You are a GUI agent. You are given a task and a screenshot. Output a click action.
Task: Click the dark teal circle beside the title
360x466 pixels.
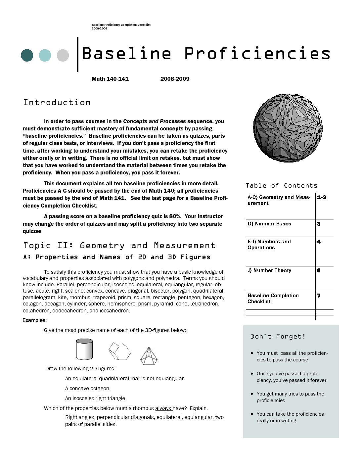(x=27, y=55)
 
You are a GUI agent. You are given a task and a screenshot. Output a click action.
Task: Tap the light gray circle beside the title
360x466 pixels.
(x=63, y=55)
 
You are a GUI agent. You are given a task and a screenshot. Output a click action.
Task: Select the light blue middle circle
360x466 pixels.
(x=45, y=55)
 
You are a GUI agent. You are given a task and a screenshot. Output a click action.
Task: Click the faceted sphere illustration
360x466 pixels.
(x=288, y=128)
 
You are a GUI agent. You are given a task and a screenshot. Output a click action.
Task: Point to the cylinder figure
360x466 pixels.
(x=84, y=349)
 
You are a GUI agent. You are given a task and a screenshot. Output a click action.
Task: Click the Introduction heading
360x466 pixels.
(x=57, y=103)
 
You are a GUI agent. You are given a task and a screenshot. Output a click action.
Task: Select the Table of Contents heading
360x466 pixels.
(x=281, y=186)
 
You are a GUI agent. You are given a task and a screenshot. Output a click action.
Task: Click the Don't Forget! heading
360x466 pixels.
(x=278, y=337)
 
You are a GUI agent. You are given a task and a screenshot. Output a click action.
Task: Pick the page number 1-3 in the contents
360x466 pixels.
(x=321, y=198)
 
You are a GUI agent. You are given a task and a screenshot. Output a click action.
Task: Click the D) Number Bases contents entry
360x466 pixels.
(x=269, y=224)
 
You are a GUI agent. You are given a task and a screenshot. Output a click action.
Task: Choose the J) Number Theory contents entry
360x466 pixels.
(x=269, y=270)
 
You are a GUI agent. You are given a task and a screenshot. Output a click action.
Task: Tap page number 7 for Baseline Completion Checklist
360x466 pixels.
(x=319, y=296)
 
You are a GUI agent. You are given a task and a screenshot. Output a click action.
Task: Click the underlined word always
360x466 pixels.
(x=163, y=408)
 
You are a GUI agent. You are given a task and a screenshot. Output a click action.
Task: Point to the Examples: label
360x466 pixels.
(x=34, y=320)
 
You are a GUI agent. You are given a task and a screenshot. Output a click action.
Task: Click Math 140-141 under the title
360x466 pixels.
(x=110, y=79)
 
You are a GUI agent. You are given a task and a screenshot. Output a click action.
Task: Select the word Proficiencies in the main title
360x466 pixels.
(x=257, y=54)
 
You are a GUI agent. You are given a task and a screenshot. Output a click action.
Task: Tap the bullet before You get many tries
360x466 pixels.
(x=252, y=394)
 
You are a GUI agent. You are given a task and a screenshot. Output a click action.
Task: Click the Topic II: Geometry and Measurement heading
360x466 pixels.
(x=119, y=246)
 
